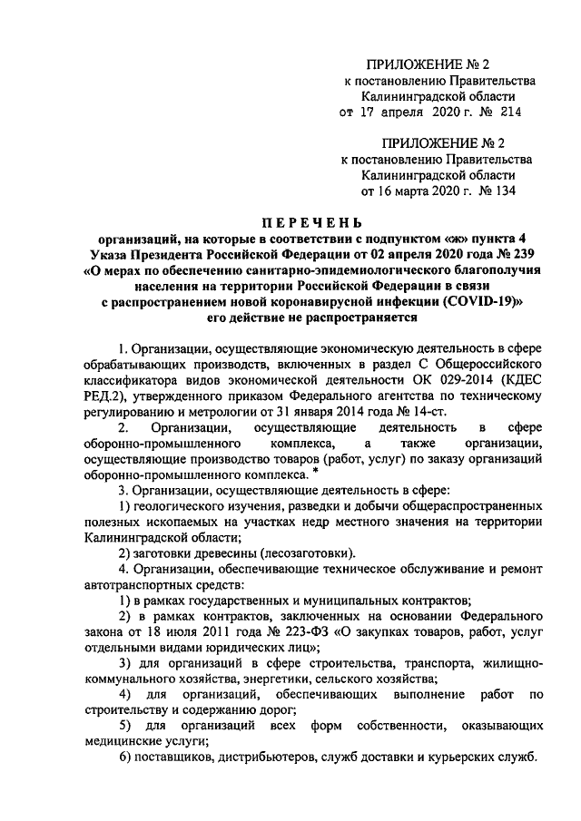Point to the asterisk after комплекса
point(315,470)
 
